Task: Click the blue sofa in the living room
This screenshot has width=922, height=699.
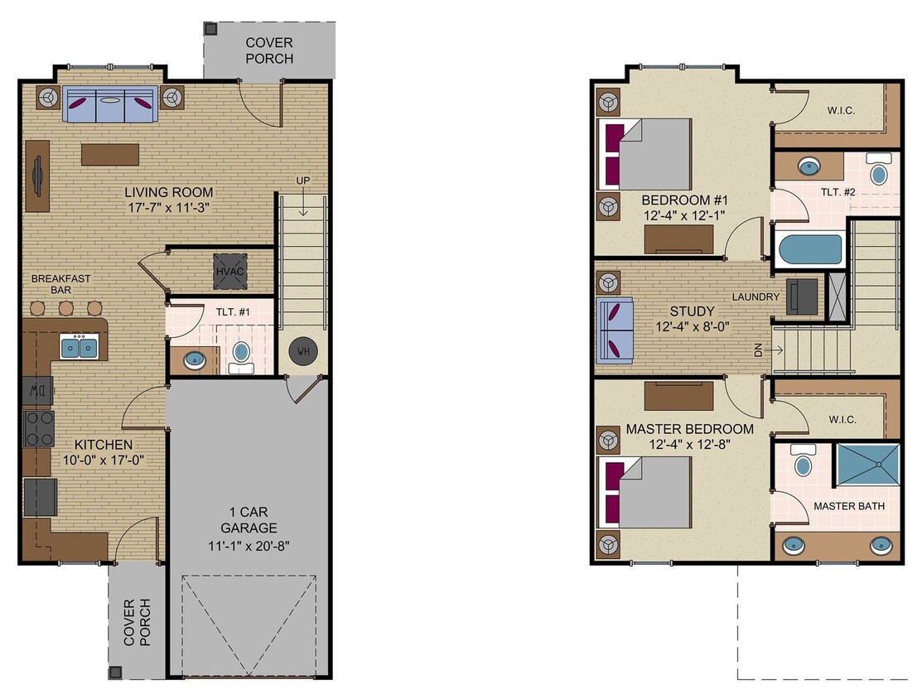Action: (x=111, y=104)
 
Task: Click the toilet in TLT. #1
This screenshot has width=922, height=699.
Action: (x=240, y=352)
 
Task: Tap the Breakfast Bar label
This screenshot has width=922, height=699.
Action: (x=61, y=285)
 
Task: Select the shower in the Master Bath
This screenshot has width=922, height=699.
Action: (x=864, y=469)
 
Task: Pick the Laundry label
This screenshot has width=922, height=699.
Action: (x=755, y=296)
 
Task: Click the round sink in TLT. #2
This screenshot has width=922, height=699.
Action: (x=806, y=168)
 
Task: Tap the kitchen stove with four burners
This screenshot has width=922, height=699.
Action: (x=38, y=428)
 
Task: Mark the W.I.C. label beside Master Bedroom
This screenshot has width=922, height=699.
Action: (x=841, y=419)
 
